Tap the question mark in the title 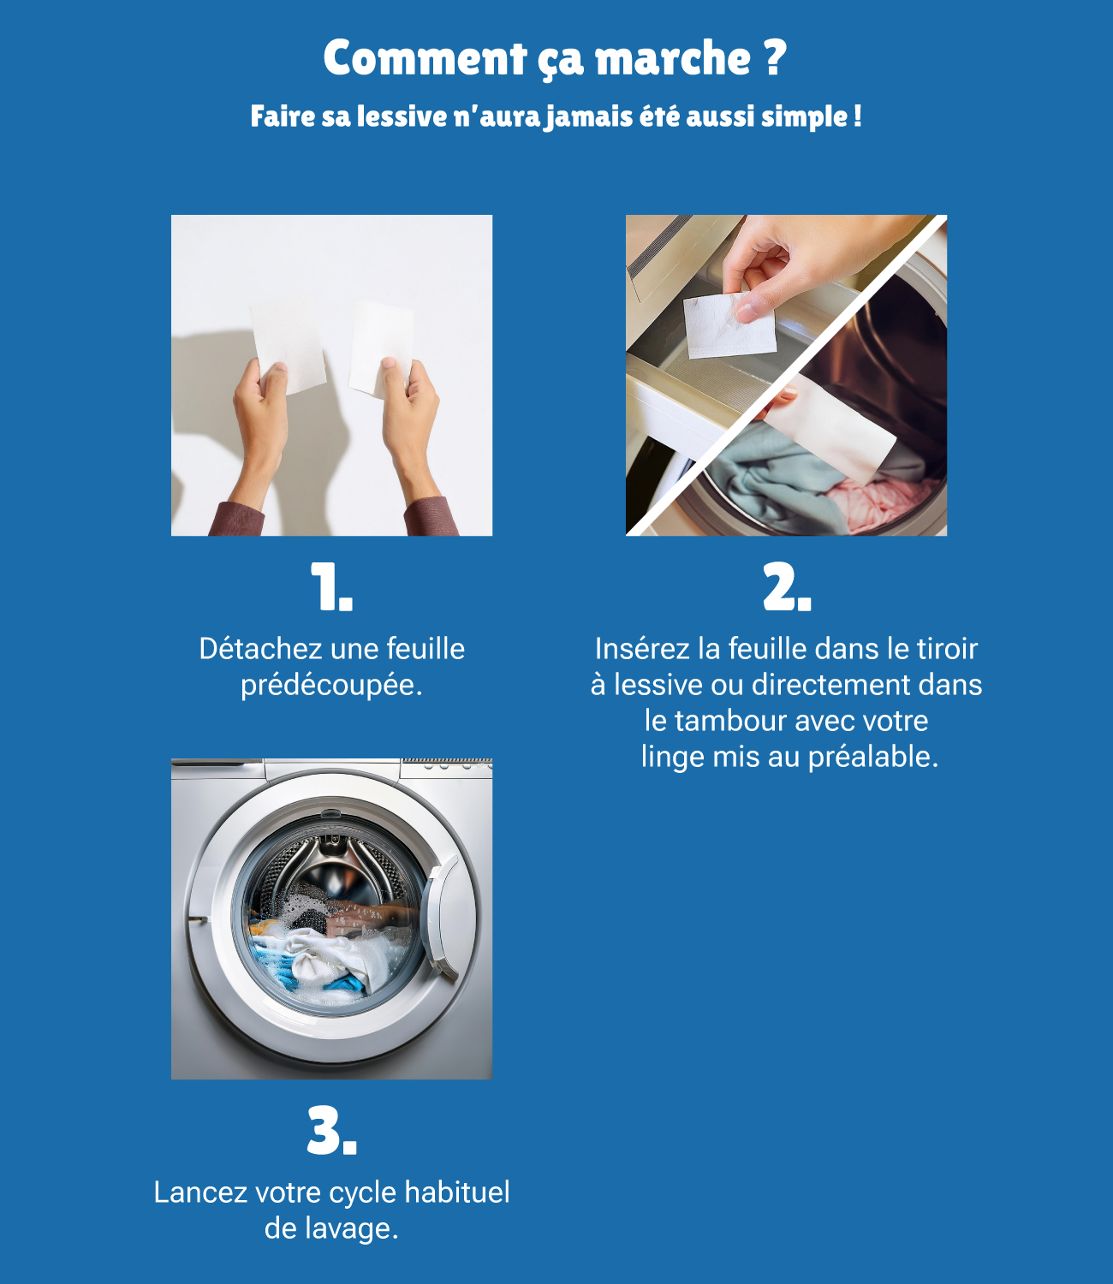tap(773, 58)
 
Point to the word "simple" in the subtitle tap(804, 116)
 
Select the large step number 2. tap(785, 588)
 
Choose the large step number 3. tap(330, 1132)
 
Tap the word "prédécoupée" tap(327, 685)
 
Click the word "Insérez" tap(642, 649)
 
